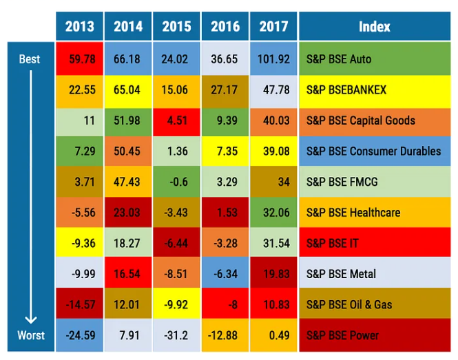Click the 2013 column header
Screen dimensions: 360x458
coord(80,27)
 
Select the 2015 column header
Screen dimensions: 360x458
coord(176,27)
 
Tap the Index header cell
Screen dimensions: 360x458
coord(375,27)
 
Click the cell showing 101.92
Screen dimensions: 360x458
coord(273,59)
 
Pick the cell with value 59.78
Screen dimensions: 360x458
coord(80,59)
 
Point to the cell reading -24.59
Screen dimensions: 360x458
coord(80,335)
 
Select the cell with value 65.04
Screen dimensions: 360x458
coord(128,89)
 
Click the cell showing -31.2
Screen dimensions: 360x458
coord(176,335)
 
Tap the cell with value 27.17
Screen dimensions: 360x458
coord(225,89)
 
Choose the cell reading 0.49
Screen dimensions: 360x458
coord(273,335)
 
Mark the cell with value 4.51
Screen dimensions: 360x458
coord(176,120)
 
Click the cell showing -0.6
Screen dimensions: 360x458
coord(176,182)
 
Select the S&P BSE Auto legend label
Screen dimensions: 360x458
coord(338,59)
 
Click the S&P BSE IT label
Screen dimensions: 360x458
coord(329,243)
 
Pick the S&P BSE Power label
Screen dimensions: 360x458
coord(342,335)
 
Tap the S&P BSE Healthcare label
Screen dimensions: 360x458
coord(353,213)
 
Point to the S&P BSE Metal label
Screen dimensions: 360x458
coord(341,274)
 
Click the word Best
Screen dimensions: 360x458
coord(30,59)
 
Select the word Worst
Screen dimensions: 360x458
coord(30,335)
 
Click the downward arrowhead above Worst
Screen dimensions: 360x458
coord(30,318)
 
